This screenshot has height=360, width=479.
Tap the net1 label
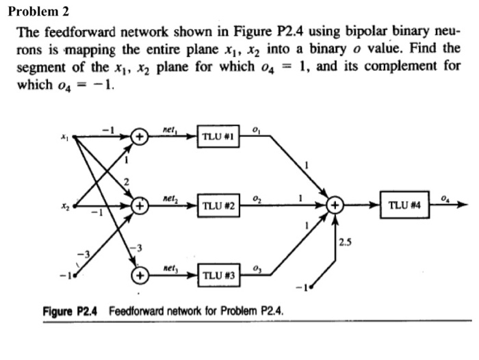point(171,128)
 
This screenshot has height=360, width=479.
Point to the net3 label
point(171,268)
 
